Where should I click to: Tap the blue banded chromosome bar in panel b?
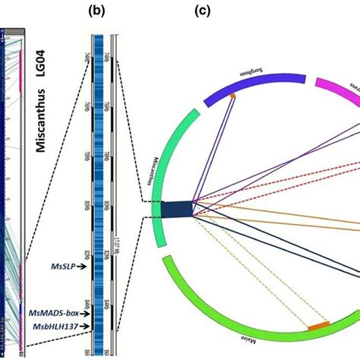(96, 190)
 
